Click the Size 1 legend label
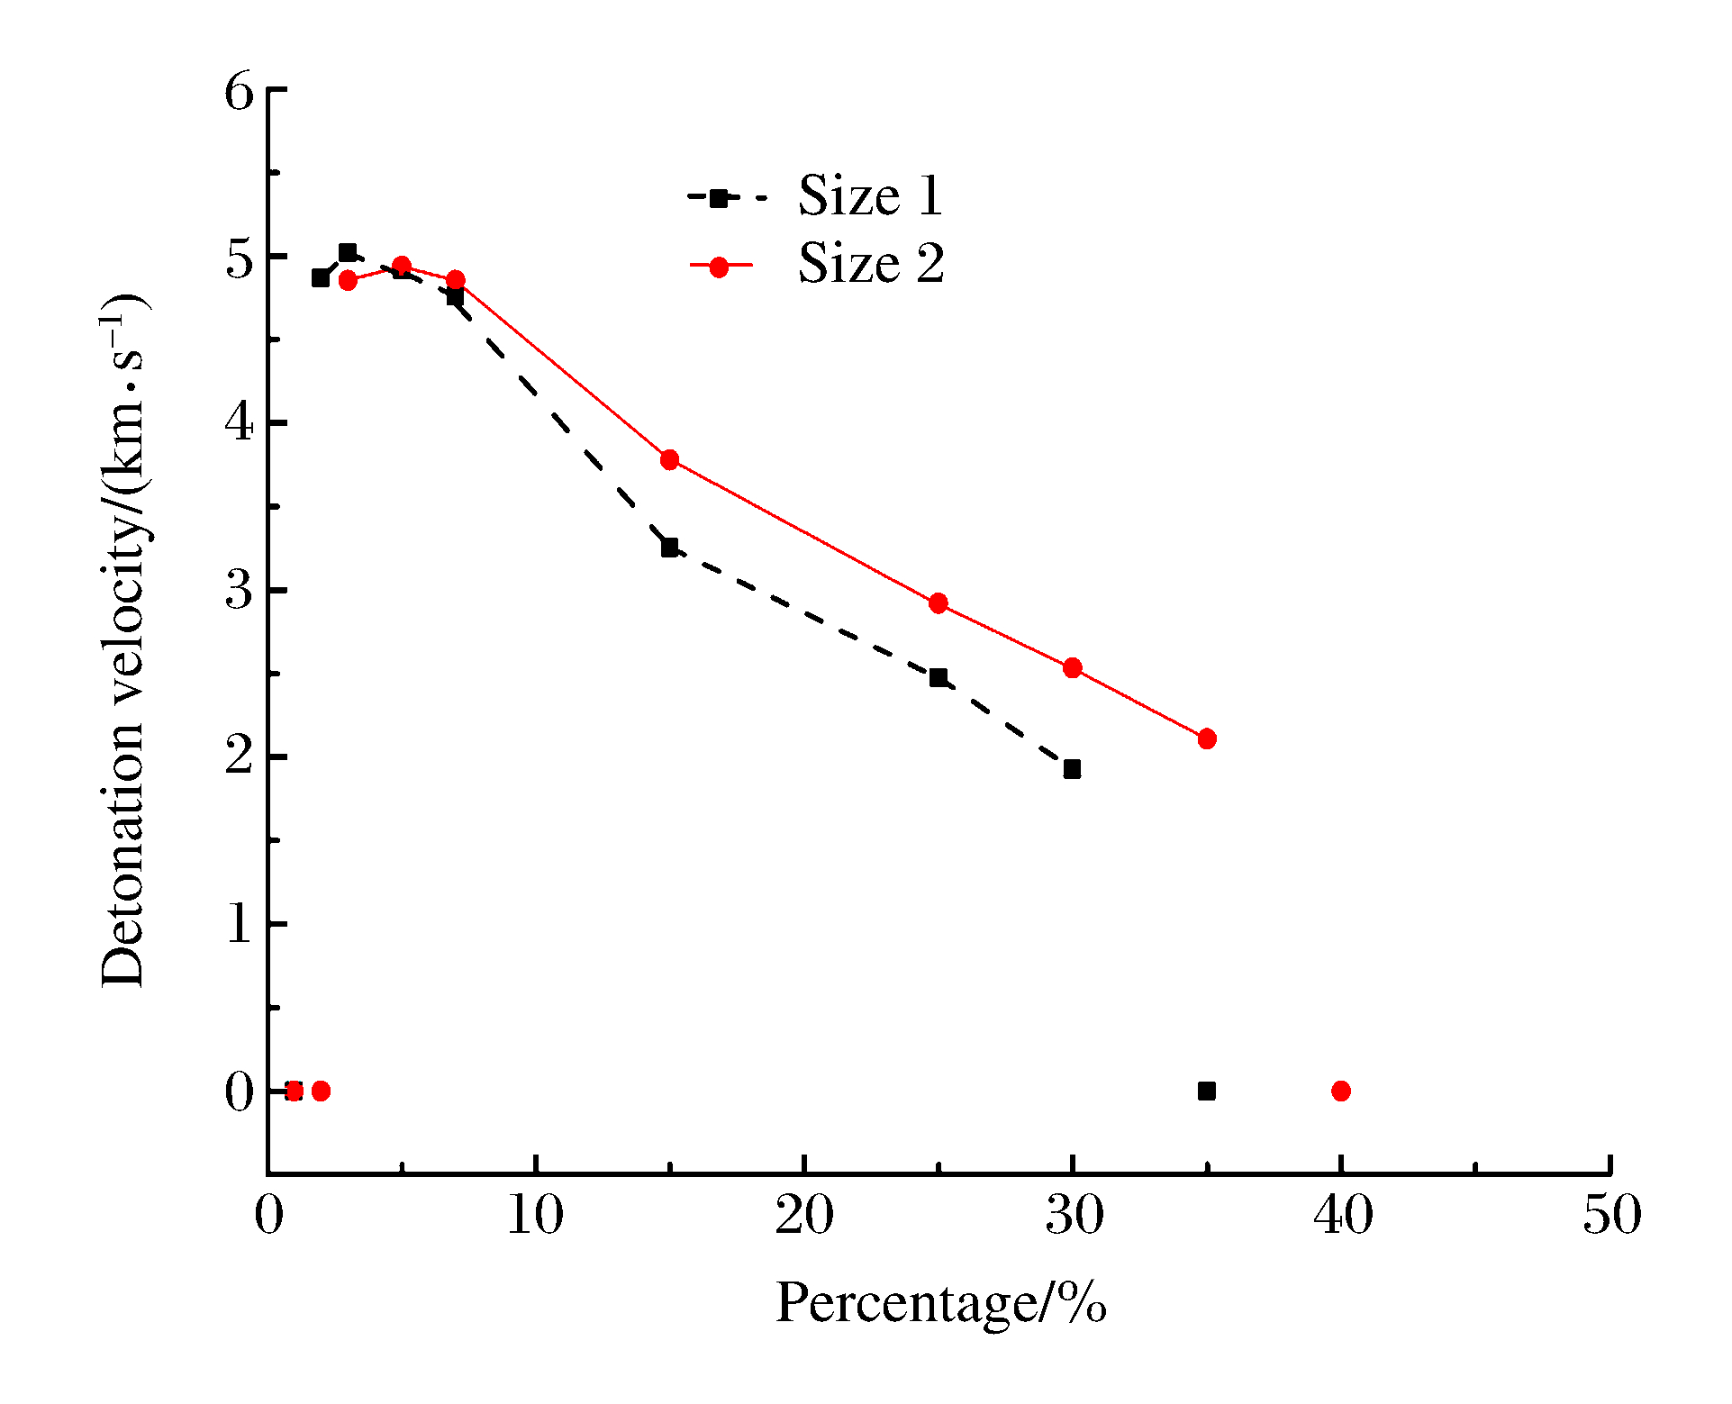870,195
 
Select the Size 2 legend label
871,264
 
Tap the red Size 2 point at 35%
1207,738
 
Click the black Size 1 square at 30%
1072,769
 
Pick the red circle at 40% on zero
1341,1091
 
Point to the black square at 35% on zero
1207,1091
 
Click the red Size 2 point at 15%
669,459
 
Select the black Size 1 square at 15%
669,548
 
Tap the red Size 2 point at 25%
939,603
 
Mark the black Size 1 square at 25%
939,677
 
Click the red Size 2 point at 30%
1072,667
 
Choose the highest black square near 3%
348,252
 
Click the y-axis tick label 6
240,92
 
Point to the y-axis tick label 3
240,592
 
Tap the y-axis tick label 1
240,925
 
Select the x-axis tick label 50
1611,1216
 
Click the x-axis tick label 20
804,1216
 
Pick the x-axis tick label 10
536,1216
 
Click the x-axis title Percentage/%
941,1302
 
